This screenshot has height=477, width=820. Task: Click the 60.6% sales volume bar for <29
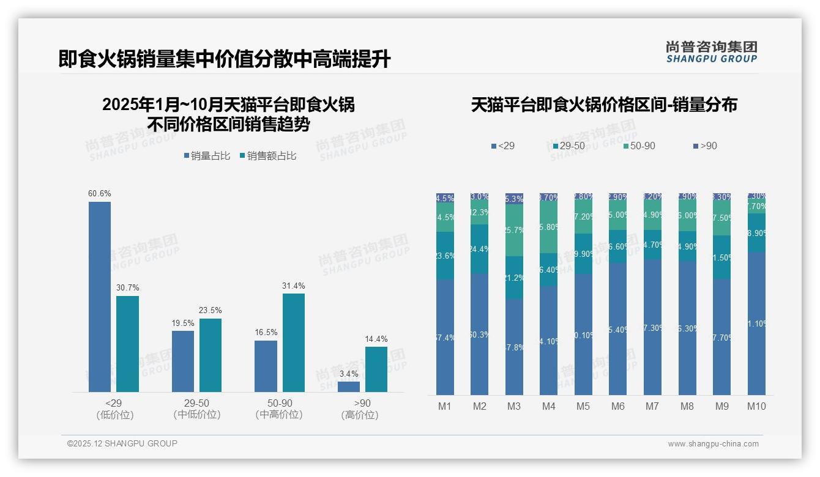100,297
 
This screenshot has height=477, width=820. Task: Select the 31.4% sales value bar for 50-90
293,342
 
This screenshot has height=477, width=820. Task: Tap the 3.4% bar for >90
348,386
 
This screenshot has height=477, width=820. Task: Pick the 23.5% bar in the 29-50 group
211,355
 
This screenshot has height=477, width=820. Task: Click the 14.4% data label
376,339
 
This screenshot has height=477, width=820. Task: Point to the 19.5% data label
183,324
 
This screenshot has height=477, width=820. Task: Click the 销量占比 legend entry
207,156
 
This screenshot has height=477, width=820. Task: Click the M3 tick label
513,406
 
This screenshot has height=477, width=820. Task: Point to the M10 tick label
756,406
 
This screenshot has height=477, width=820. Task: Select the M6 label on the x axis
618,406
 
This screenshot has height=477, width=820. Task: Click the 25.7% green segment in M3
514,230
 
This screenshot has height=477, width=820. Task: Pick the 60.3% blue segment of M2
480,334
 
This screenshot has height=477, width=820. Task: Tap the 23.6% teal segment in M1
445,256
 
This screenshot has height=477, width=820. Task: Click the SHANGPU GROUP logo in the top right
711,52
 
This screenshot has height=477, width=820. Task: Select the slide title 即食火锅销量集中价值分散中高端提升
225,59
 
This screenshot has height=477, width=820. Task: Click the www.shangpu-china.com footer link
713,444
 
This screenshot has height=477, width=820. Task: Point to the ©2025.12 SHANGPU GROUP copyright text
122,443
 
